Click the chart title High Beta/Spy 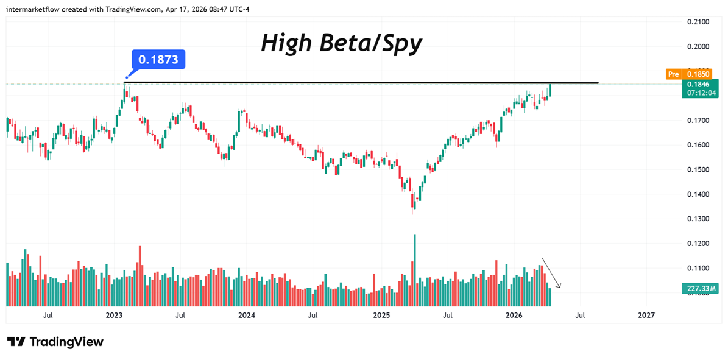pyautogui.click(x=341, y=43)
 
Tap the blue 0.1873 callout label pyautogui.click(x=158, y=60)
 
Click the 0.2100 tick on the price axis pyautogui.click(x=698, y=22)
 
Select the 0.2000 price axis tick pyautogui.click(x=698, y=47)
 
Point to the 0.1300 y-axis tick pyautogui.click(x=698, y=219)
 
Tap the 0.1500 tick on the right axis pyautogui.click(x=698, y=169)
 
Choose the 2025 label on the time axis pyautogui.click(x=381, y=316)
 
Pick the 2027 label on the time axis pyautogui.click(x=646, y=316)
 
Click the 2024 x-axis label pyautogui.click(x=246, y=316)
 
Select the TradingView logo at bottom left pyautogui.click(x=55, y=342)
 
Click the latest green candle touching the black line pyautogui.click(x=550, y=90)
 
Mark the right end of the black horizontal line pyautogui.click(x=598, y=83)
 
